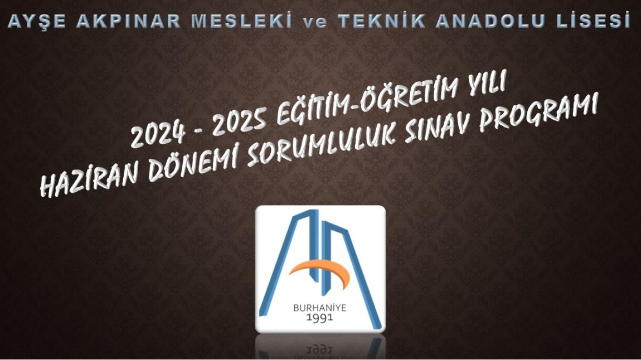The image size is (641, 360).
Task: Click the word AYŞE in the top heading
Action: (37, 21)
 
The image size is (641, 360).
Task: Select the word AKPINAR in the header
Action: (128, 21)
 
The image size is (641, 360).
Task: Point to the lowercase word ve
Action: (315, 22)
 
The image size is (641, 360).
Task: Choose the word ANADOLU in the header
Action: (487, 21)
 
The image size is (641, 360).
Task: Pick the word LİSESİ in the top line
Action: (589, 21)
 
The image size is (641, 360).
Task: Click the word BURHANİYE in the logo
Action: (320, 308)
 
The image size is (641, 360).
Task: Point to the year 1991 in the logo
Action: (320, 318)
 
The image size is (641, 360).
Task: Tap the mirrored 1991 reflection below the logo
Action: (320, 350)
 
